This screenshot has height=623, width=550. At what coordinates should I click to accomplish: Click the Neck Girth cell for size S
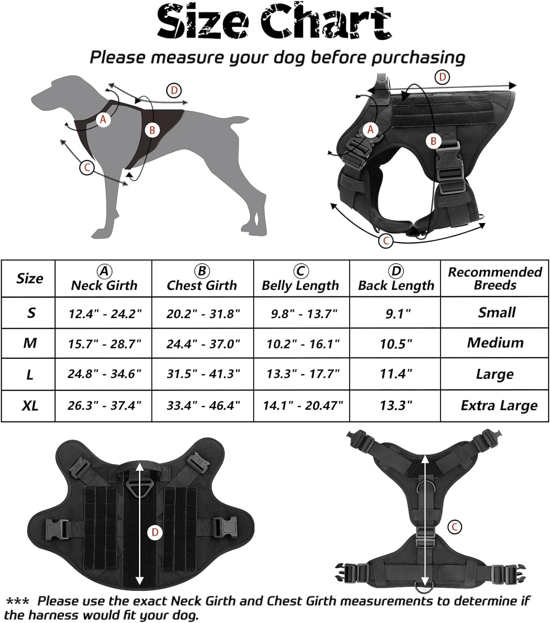click(x=105, y=314)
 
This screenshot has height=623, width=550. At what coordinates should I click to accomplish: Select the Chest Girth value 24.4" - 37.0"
click(x=203, y=344)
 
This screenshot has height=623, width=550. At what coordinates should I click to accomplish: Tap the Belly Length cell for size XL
click(x=303, y=406)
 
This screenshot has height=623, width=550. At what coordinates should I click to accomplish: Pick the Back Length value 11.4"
click(x=396, y=374)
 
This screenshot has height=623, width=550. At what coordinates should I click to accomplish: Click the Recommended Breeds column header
click(x=495, y=279)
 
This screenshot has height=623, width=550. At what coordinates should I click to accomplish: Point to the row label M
click(x=30, y=343)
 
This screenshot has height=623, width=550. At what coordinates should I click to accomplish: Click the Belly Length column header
click(x=301, y=278)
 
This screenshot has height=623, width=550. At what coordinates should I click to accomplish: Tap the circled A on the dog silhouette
click(x=103, y=119)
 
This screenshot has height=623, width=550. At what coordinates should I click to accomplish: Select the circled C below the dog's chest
click(x=87, y=168)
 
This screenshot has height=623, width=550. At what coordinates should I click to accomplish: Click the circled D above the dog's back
click(x=174, y=91)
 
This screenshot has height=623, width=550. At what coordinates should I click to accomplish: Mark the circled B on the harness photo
click(x=433, y=141)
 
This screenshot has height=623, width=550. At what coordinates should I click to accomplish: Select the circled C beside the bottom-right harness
click(x=455, y=527)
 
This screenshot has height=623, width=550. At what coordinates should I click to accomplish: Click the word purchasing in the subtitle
click(x=418, y=58)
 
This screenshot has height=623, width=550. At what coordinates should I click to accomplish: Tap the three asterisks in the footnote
click(x=17, y=601)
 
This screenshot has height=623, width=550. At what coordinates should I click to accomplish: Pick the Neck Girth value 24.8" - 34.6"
click(x=105, y=374)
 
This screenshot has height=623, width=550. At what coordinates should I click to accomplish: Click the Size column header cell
click(x=29, y=279)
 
